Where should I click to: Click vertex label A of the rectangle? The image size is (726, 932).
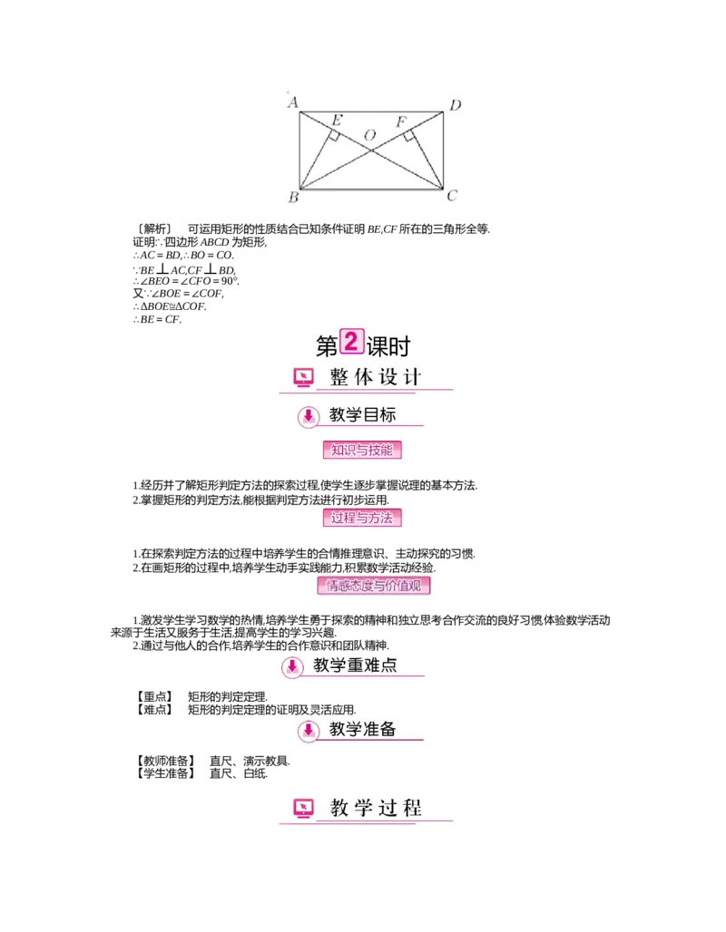293,102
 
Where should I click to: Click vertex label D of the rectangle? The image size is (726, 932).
456,105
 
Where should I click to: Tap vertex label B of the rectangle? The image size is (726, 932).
293,197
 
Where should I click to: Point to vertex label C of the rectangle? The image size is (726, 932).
452,196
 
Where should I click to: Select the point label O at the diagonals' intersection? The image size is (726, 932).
370,135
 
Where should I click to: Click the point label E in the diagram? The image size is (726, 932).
337,121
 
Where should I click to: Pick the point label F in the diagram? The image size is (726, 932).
400,121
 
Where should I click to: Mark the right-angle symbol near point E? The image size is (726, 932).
334,136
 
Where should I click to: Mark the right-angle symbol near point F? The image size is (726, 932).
409,136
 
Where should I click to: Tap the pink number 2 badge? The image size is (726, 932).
351,342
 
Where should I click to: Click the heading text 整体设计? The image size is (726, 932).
376,377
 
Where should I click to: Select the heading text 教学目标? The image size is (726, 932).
362,415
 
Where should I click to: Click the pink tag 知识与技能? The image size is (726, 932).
362,450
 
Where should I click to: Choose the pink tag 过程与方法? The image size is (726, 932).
362,518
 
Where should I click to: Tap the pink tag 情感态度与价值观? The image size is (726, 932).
374,586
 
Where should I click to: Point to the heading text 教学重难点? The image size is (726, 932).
355,665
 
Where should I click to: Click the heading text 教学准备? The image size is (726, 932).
362,729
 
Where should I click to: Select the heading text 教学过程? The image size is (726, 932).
376,807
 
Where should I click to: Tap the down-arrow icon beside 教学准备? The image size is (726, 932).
308,729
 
